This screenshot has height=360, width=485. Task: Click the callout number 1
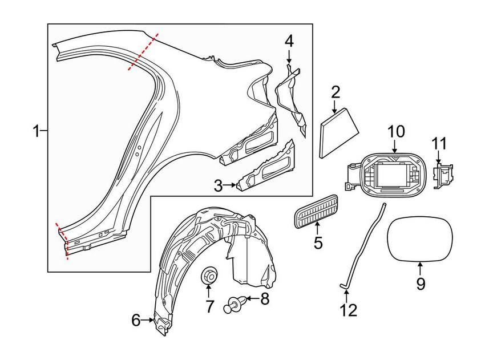[36, 132]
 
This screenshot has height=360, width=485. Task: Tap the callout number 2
[336, 92]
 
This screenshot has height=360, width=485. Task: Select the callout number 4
[289, 41]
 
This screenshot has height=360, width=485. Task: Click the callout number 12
[348, 310]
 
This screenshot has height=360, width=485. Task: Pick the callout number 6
[135, 321]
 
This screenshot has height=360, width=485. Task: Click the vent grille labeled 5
[314, 216]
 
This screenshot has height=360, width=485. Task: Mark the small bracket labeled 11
[443, 175]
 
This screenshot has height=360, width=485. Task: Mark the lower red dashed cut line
[62, 240]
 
